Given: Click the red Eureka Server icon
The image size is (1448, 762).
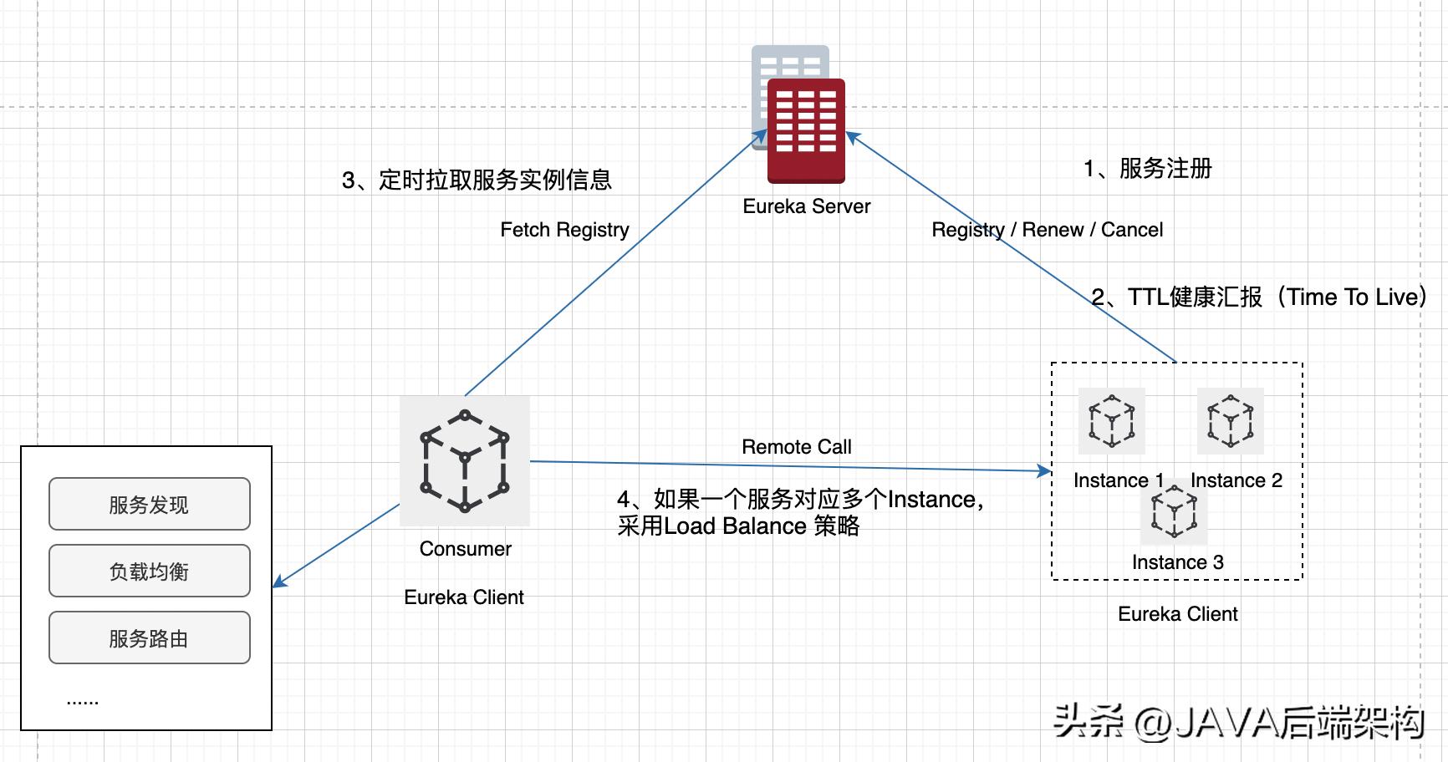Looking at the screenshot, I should coord(806,130).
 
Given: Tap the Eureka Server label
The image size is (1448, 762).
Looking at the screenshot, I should coord(806,206).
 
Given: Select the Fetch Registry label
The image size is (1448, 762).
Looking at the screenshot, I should coord(564,230).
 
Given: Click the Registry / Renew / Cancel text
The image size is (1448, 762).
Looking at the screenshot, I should coord(1047,230).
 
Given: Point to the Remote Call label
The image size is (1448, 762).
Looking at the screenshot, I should coord(796,447).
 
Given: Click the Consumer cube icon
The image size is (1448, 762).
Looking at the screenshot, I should coord(465,460).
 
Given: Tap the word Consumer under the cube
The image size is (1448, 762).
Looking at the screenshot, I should coord(465,549).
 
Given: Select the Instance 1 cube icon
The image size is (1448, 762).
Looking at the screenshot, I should coord(1111,420).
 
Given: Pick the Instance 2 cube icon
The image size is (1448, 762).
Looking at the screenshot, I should coord(1230,420).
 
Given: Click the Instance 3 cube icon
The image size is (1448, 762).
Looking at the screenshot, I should coord(1174,512).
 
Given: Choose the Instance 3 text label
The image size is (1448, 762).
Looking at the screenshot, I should coord(1177,562).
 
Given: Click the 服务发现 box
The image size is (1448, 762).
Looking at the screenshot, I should coord(150,504).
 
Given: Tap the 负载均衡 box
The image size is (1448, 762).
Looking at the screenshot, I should coord(150,571).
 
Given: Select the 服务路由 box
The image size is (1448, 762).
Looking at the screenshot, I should coord(150,638).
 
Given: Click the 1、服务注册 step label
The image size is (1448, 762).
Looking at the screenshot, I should coord(1147,169).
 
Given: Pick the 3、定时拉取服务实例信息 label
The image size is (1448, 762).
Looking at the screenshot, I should coord(477,180).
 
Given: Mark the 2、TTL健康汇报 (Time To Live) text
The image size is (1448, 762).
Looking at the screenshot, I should coord(1259,297).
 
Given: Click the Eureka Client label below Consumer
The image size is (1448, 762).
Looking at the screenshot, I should coord(463,597).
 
